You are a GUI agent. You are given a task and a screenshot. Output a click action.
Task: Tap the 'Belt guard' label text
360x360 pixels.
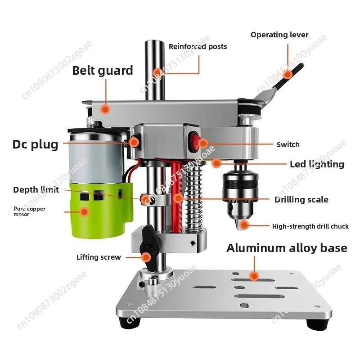point(103,71)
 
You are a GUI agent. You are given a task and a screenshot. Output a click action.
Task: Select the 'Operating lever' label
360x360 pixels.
point(279,35)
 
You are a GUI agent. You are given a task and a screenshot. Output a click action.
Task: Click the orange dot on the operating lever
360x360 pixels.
point(287,74)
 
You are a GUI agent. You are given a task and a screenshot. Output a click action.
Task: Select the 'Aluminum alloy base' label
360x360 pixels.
point(287,248)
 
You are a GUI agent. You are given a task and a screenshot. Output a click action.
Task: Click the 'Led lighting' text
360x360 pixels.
point(317,164)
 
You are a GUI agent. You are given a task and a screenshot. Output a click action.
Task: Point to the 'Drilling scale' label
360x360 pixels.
point(301,199)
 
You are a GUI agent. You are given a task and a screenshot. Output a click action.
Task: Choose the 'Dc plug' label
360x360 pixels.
point(36,144)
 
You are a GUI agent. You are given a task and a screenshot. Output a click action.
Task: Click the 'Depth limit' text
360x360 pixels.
point(36,189)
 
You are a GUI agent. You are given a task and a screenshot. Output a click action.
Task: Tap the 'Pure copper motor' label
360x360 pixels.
point(29,211)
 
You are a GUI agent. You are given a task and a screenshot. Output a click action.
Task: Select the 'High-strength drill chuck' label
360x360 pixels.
point(310,226)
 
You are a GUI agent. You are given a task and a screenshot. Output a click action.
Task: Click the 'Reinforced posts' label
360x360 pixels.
point(198,47)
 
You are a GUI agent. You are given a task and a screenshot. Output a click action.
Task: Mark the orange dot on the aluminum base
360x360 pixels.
point(254,276)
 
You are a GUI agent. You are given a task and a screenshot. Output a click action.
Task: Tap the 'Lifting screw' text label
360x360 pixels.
point(99,257)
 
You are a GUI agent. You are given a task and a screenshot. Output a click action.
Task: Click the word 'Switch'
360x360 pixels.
point(288,144)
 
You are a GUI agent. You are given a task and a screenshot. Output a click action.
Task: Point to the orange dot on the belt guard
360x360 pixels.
point(105,109)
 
